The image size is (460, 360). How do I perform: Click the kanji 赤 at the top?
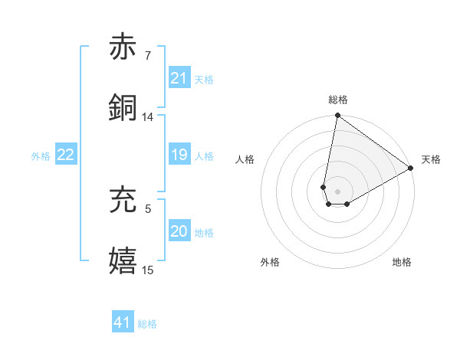click(123, 47)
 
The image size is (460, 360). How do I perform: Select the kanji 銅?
click(123, 107)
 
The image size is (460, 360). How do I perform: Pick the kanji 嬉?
click(123, 260)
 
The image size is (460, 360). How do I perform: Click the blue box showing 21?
click(179, 78)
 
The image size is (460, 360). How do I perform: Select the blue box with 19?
click(179, 155)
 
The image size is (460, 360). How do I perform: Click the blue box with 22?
click(65, 155)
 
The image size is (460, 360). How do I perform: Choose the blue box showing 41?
click(122, 322)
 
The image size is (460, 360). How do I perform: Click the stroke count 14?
click(147, 117)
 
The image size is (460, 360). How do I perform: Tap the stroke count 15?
click(147, 269)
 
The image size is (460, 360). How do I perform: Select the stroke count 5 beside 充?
click(147, 208)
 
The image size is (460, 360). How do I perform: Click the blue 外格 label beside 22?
click(41, 156)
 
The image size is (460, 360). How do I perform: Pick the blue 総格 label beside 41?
click(147, 324)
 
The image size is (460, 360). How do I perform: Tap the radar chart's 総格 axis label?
click(338, 100)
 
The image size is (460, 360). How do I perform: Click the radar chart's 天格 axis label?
click(431, 159)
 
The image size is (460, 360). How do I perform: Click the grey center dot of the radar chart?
click(338, 191)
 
